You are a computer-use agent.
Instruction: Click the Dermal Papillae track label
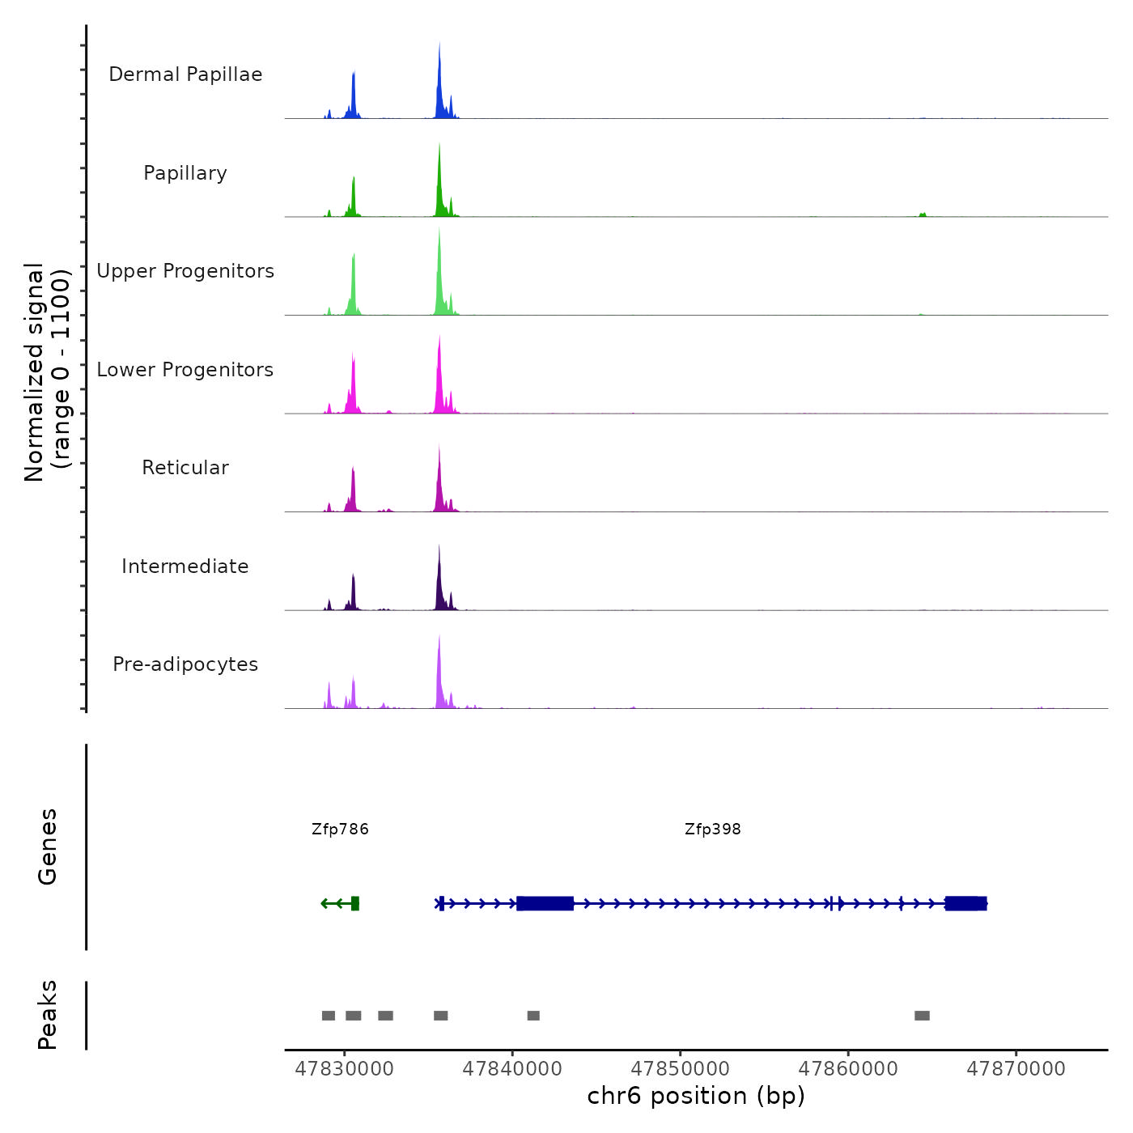coord(185,74)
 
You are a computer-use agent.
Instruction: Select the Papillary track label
coord(185,173)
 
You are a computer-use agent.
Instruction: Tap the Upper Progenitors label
coord(185,271)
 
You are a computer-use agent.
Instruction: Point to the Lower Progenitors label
coord(185,370)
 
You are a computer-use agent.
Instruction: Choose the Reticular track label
coord(185,468)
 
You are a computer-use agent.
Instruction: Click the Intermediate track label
coord(185,566)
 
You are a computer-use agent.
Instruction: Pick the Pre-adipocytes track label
coord(185,664)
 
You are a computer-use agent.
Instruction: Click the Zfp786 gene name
coord(340,830)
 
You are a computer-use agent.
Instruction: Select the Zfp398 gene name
coord(712,830)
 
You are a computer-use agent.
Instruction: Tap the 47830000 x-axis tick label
coord(344,1069)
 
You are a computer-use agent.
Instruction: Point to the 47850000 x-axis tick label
coord(680,1069)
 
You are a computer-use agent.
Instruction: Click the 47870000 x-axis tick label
coord(1016,1069)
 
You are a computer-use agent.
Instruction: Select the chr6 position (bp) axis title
coord(696,1096)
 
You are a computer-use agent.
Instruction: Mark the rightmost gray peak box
coord(922,1016)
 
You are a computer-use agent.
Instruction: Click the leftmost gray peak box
coord(329,1016)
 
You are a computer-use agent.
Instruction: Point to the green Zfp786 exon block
coord(354,903)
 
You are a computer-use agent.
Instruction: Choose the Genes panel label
coord(47,847)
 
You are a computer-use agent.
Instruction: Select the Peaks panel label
coord(47,1015)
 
